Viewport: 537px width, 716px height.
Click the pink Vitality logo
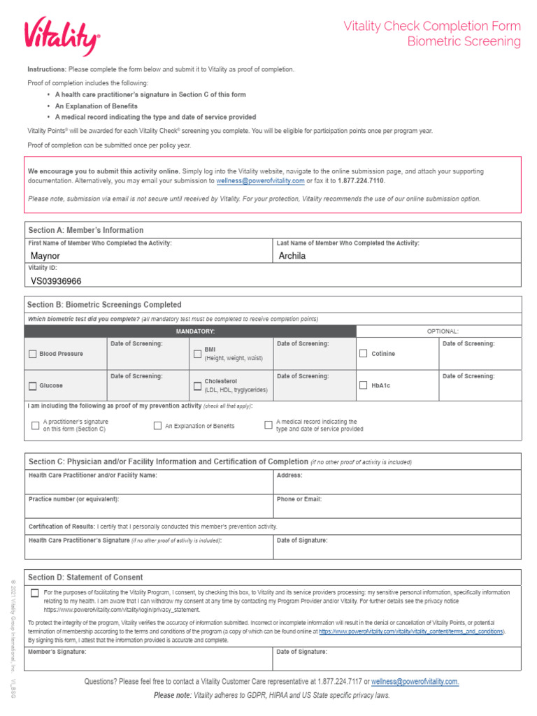pos(62,36)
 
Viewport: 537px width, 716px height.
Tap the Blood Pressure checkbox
pos(33,354)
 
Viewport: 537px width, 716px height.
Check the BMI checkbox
pos(197,354)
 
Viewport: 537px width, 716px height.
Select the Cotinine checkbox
pos(363,354)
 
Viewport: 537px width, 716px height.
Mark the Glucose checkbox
pos(33,386)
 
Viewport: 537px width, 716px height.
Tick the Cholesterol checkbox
pos(197,386)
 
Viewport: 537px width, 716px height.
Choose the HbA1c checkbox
pos(363,385)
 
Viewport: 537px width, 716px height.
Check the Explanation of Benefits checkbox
pos(157,425)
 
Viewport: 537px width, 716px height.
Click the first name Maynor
pos(45,256)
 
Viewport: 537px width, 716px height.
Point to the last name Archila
pos(292,256)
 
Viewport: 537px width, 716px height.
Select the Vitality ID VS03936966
pos(56,281)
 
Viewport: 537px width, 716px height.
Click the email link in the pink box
pos(260,180)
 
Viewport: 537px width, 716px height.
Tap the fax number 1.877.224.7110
pos(361,180)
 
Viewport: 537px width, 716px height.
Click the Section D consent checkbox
pos(35,593)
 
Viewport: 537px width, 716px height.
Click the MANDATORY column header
pos(195,331)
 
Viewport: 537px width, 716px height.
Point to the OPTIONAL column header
pos(443,331)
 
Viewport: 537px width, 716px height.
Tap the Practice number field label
pos(73,499)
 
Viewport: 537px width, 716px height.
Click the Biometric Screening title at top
pos(464,41)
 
